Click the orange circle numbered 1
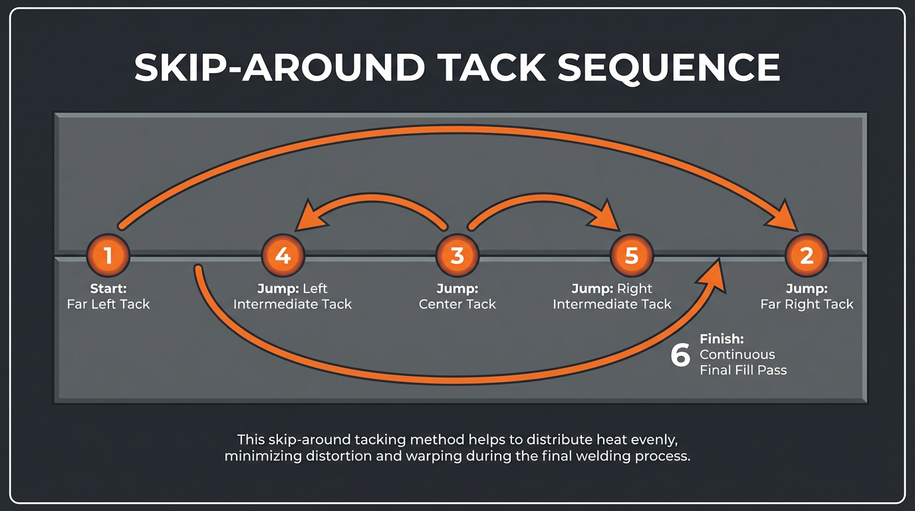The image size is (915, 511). (x=108, y=255)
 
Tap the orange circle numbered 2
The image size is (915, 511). (x=807, y=255)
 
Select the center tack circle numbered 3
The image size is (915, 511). (x=457, y=255)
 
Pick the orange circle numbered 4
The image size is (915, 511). (x=283, y=255)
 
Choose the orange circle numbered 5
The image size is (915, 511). (x=632, y=255)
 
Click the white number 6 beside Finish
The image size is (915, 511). (x=680, y=355)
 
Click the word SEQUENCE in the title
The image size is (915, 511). (x=669, y=67)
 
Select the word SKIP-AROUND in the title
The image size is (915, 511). (x=279, y=67)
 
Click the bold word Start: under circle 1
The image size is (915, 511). (x=108, y=289)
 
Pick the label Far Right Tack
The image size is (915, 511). (x=807, y=304)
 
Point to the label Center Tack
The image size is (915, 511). (x=457, y=304)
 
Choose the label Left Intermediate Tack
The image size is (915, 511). (x=293, y=304)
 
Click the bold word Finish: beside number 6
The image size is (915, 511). (x=721, y=339)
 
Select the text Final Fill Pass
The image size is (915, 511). (x=743, y=370)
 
